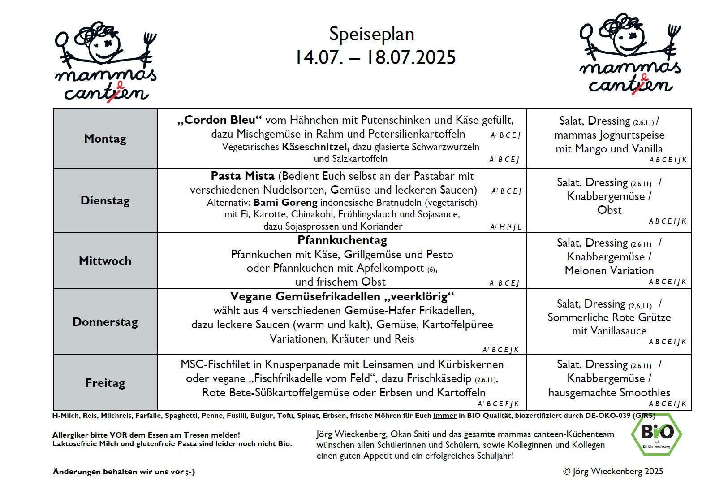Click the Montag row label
click(105, 139)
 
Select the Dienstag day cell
click(105, 200)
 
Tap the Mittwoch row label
click(105, 261)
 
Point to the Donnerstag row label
click(105, 322)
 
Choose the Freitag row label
click(105, 383)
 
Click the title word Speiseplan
click(371, 35)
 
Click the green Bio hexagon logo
click(656, 433)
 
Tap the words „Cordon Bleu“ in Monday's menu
click(219, 120)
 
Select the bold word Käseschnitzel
click(315, 147)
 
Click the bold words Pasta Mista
click(242, 176)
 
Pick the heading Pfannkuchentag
click(342, 240)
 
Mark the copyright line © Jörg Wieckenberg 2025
click(613, 471)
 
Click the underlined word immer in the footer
click(444, 416)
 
